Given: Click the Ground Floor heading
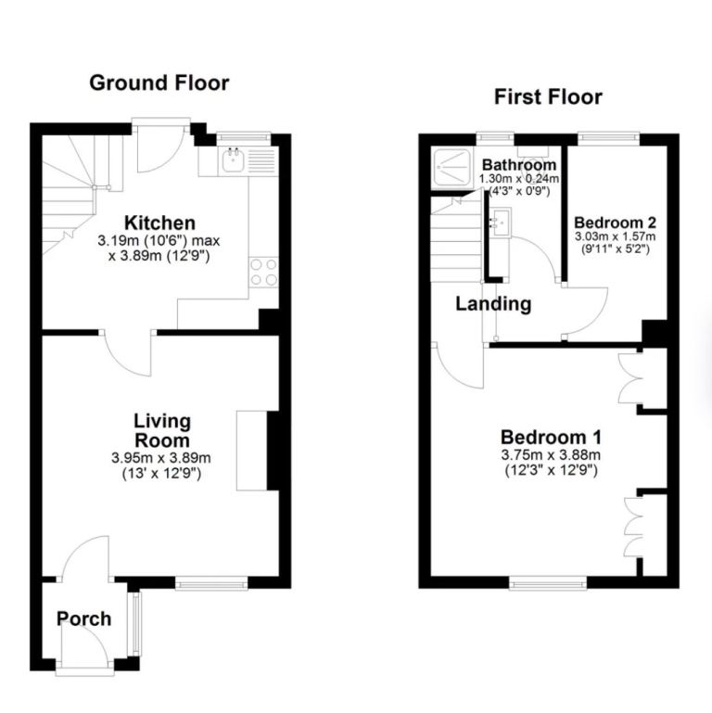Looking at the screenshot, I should [159, 83].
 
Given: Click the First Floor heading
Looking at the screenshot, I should [547, 96].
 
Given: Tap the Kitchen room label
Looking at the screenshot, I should [160, 223].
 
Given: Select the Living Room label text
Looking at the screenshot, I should [161, 431].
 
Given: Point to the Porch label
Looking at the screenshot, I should [84, 618].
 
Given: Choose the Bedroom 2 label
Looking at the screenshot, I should [616, 223].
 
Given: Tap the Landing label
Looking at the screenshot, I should [492, 303].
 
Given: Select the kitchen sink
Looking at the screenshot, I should [233, 160].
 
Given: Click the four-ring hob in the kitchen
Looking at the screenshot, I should [264, 272].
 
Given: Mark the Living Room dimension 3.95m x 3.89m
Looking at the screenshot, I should [161, 458].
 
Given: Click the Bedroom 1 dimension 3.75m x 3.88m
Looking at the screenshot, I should [552, 455].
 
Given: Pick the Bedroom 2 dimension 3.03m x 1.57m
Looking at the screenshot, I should [616, 237].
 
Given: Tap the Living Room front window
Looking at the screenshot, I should [211, 582].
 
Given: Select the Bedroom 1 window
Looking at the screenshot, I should [547, 582].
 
